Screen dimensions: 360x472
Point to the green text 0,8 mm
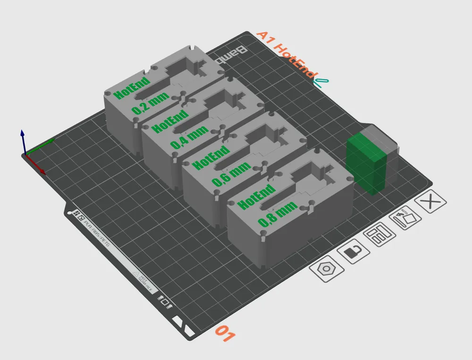[278, 213]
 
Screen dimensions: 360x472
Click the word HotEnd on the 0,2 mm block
[133, 87]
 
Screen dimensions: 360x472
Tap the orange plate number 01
[225, 334]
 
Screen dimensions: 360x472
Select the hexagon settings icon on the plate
[326, 269]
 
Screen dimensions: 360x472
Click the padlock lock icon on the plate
[354, 252]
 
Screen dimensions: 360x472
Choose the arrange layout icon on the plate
[379, 235]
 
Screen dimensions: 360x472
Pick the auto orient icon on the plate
[405, 218]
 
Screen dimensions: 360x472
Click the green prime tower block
[366, 162]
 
